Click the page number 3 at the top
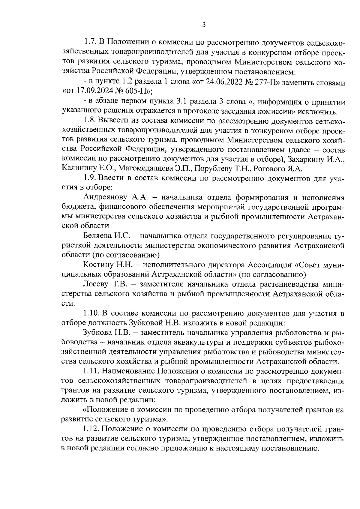click(204, 25)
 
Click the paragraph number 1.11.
click(91, 371)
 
